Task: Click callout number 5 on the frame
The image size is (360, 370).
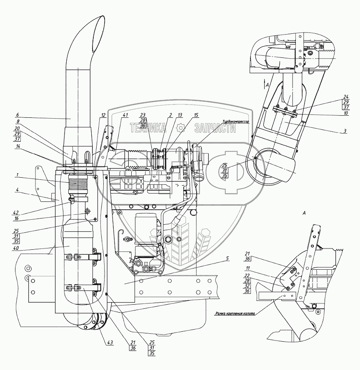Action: (x=227, y=258)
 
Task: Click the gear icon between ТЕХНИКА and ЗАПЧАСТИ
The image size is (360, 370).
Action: (x=180, y=128)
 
